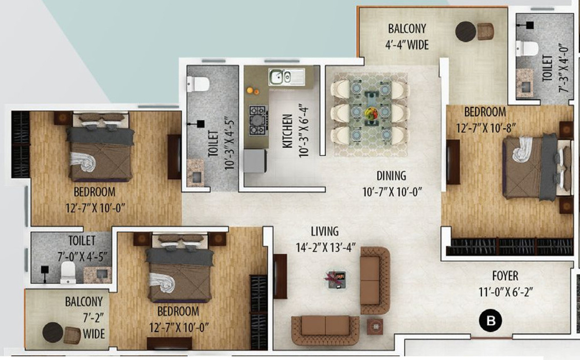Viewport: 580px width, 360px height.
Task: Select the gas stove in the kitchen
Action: pos(258,120)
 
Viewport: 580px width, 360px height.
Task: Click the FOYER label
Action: pos(505,276)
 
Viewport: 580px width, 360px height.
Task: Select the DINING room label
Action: pos(391,176)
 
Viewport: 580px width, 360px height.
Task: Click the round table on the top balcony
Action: pos(465,31)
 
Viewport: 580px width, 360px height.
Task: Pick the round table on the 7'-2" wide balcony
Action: pos(52,332)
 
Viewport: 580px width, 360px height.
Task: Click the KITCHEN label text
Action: pos(288,131)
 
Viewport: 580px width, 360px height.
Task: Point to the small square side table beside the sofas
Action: pos(375,326)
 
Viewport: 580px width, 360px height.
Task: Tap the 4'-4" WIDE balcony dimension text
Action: pos(408,45)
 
